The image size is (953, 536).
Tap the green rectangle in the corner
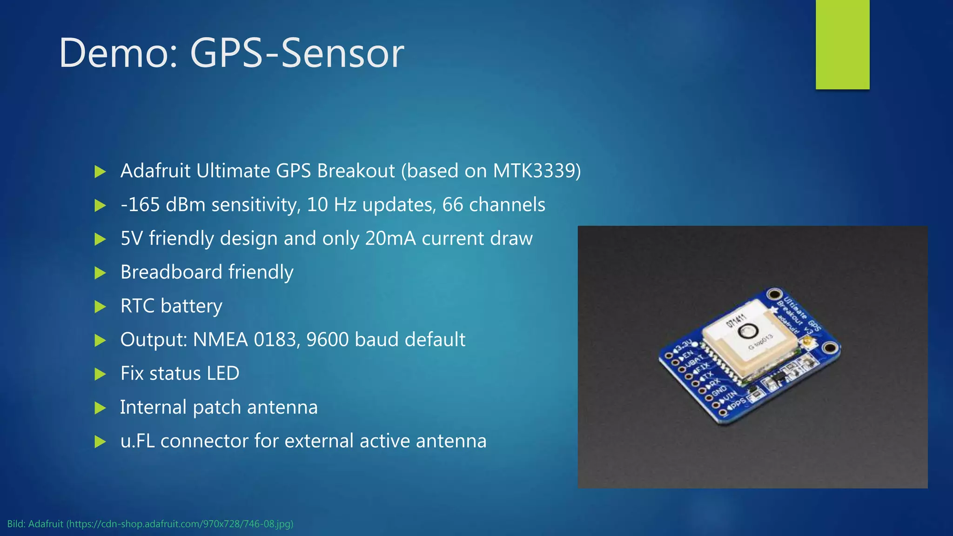[842, 44]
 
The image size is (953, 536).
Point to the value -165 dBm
[162, 205]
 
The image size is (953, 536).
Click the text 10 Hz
[331, 205]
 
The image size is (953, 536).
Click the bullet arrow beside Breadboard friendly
[100, 273]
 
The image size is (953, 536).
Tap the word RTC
[137, 306]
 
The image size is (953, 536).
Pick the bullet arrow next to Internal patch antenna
[100, 408]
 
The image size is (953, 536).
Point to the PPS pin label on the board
[737, 403]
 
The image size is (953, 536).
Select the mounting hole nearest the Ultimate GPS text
[774, 294]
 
